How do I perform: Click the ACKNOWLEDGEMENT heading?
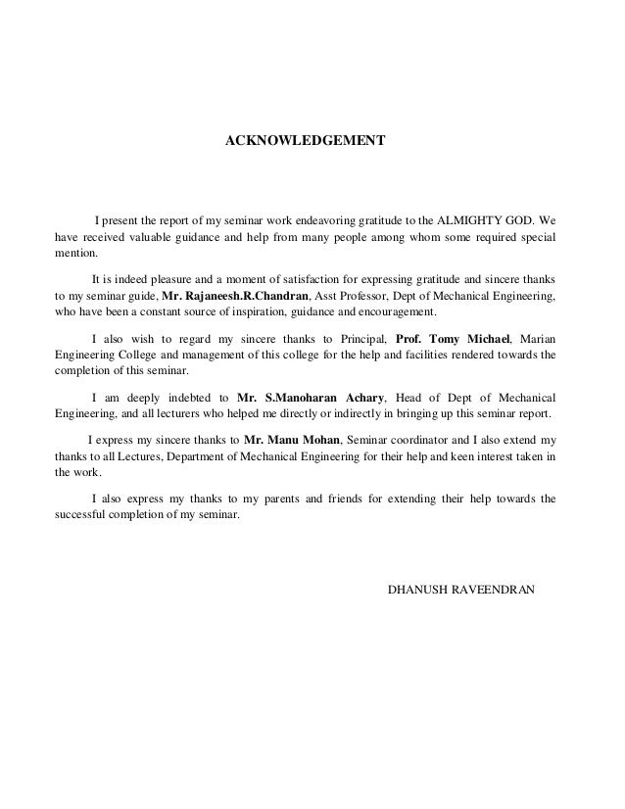tap(306, 142)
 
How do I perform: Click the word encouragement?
tap(393, 313)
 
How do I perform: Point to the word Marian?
tap(537, 337)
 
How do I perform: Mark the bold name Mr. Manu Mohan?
tap(293, 440)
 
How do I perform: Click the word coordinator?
tap(412, 440)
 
